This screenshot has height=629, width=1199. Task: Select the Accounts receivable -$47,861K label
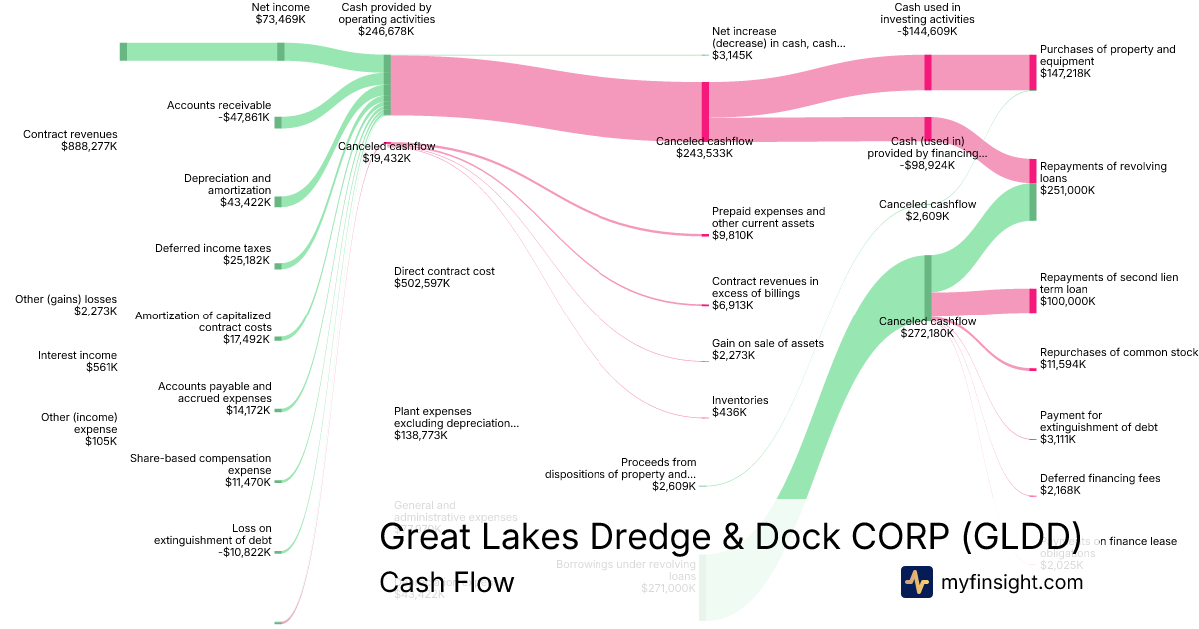tap(218, 111)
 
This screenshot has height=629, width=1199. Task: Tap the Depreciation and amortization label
tap(227, 190)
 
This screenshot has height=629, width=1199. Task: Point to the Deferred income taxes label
tap(212, 255)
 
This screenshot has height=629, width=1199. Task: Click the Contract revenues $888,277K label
tap(70, 140)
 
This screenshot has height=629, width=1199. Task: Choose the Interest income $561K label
tap(77, 361)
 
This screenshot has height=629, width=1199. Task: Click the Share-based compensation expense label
tap(200, 470)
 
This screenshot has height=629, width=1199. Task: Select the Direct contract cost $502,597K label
tap(444, 277)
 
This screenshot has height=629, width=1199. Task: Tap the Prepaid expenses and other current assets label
tap(768, 223)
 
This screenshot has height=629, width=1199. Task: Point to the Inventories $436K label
tap(740, 406)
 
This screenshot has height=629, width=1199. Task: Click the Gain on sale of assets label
tap(767, 349)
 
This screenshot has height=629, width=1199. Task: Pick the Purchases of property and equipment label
tap(1107, 61)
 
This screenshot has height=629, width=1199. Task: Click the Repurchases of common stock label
tap(1118, 358)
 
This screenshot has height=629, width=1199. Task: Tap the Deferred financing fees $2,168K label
tap(1100, 485)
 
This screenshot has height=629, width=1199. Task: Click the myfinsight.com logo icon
tap(916, 582)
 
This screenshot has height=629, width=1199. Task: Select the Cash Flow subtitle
tap(446, 582)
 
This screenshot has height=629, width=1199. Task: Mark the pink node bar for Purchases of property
tap(1033, 73)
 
